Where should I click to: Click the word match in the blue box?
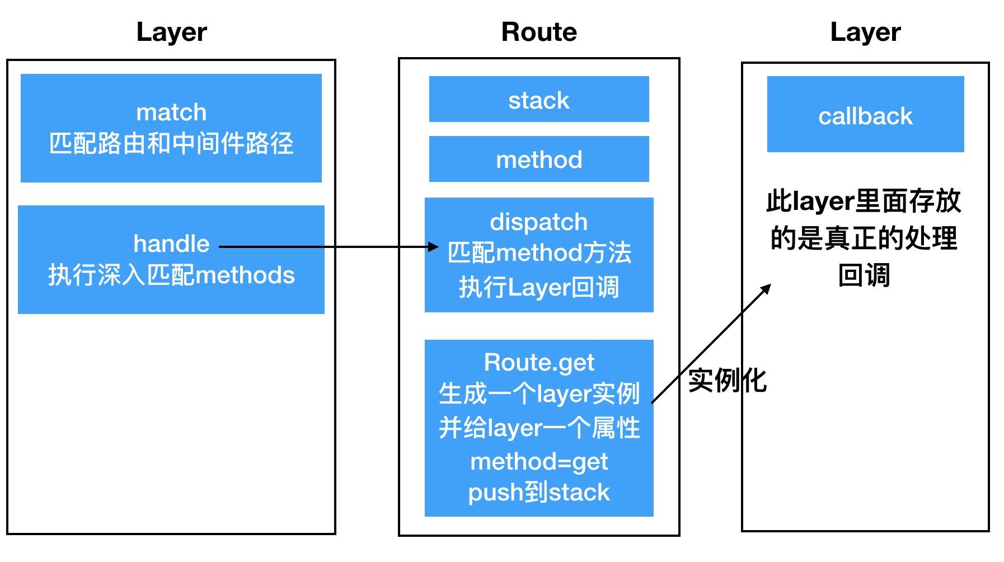(x=171, y=113)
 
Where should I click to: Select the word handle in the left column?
(x=171, y=244)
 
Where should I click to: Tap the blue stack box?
(x=538, y=100)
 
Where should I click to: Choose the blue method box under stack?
(x=538, y=160)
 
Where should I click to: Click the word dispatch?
(x=538, y=222)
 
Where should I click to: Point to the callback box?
(x=865, y=115)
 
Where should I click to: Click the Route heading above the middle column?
(x=538, y=32)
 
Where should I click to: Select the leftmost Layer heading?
(x=171, y=32)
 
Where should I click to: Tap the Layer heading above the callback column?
(x=865, y=32)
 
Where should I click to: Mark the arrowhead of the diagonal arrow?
(x=767, y=288)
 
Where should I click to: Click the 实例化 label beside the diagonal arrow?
(x=726, y=381)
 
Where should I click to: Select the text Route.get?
(x=538, y=363)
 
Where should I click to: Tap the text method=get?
(x=538, y=462)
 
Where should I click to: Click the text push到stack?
(x=538, y=493)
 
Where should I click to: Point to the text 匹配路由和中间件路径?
(x=171, y=144)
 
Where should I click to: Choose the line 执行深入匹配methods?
(x=171, y=275)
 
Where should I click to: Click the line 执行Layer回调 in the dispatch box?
(x=538, y=288)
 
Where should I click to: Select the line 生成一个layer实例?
(x=538, y=394)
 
